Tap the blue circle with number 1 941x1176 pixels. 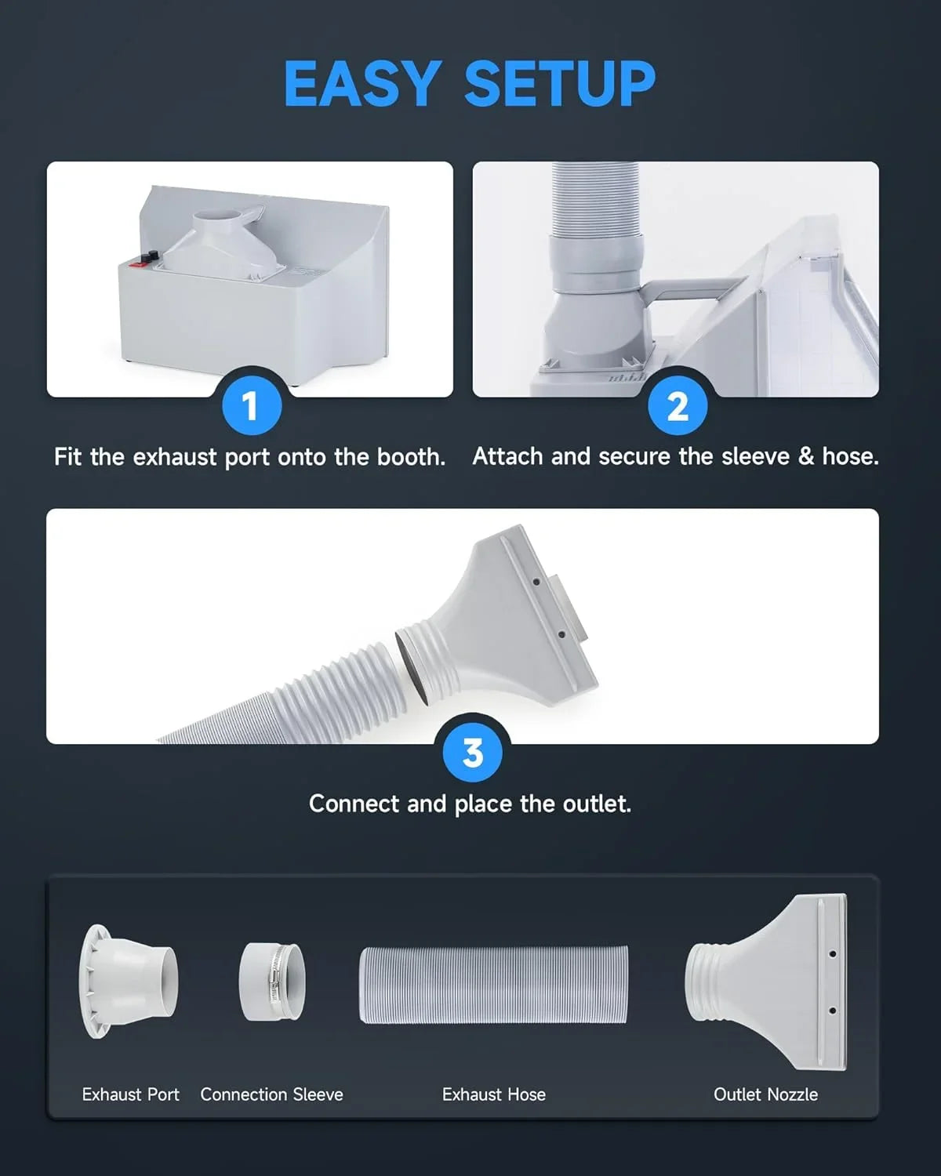click(x=252, y=406)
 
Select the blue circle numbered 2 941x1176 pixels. click(x=678, y=406)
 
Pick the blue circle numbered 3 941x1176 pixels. click(x=472, y=753)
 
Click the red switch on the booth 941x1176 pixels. click(x=136, y=264)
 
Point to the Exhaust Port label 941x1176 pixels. click(x=131, y=1094)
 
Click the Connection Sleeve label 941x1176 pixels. click(x=272, y=1094)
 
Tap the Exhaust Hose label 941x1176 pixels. click(x=494, y=1094)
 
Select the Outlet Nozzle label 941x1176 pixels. click(x=765, y=1094)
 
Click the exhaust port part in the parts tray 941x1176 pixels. click(x=129, y=981)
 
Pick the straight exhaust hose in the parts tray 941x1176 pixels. click(x=494, y=984)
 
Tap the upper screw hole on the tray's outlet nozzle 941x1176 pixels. click(x=832, y=954)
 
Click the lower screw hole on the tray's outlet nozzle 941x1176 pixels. click(x=832, y=1011)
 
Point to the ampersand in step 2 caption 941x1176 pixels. click(x=806, y=457)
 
